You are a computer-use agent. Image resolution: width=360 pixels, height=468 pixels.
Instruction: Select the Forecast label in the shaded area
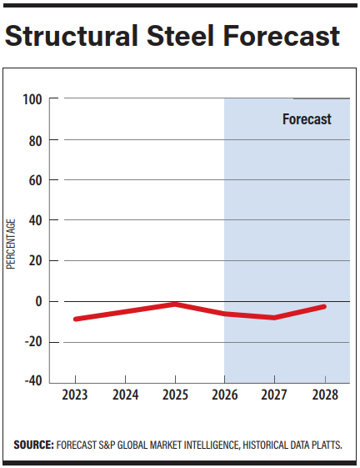click(x=307, y=119)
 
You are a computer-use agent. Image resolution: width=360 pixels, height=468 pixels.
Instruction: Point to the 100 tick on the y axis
click(x=32, y=99)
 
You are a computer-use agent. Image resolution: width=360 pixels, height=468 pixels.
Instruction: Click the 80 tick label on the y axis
click(x=35, y=140)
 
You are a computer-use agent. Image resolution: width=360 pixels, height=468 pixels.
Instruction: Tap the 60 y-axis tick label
click(x=35, y=180)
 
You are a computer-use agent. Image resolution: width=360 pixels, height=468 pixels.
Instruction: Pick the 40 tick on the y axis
click(x=35, y=221)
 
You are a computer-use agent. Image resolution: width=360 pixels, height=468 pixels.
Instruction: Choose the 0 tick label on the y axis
click(x=38, y=301)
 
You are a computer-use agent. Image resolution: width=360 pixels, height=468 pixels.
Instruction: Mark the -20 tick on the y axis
click(x=32, y=342)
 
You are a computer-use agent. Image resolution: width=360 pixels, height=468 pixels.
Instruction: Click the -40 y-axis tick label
click(x=32, y=382)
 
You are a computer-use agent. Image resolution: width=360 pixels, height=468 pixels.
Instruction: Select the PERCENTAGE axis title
click(x=11, y=243)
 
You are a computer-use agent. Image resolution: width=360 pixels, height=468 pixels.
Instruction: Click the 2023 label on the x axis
click(x=75, y=394)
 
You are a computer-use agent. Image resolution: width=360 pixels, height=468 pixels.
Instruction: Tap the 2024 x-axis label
click(x=125, y=394)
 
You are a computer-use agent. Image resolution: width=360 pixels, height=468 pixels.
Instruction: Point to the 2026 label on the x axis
click(x=224, y=394)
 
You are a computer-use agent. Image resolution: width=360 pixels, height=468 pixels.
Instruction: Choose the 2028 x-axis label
click(x=323, y=394)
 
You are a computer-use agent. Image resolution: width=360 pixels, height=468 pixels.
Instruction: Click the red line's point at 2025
click(x=175, y=304)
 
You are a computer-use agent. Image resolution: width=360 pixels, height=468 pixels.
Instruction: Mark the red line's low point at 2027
click(x=274, y=318)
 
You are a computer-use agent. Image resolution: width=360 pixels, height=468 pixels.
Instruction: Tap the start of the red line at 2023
click(x=75, y=319)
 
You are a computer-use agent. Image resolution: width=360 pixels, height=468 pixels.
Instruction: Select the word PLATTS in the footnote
click(x=322, y=445)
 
